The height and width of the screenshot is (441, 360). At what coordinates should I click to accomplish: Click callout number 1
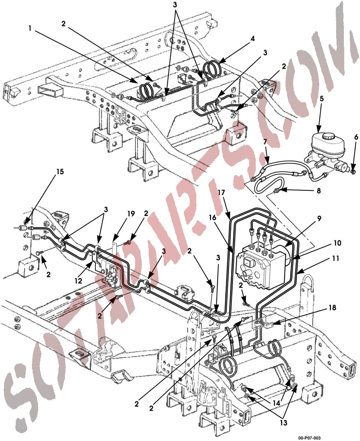(x=30, y=28)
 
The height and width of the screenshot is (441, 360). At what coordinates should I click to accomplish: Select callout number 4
(x=253, y=39)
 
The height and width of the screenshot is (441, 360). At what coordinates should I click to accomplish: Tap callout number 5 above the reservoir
(x=321, y=99)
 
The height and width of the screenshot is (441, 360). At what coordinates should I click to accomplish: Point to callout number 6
(x=356, y=137)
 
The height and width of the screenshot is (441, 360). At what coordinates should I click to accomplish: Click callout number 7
(x=265, y=142)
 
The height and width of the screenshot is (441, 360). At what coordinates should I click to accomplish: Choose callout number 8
(x=319, y=190)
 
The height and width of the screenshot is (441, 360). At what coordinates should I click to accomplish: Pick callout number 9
(x=319, y=219)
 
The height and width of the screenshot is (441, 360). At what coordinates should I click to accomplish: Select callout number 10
(x=337, y=243)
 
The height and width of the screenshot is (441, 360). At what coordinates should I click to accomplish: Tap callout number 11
(x=335, y=258)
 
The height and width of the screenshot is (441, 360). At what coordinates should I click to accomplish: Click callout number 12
(x=79, y=281)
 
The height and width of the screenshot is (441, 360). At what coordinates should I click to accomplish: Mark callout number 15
(x=60, y=172)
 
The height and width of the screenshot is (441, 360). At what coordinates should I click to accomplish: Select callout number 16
(x=212, y=218)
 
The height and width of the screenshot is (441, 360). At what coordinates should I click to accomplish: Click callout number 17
(x=221, y=192)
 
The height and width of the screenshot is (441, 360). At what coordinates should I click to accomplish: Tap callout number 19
(x=131, y=214)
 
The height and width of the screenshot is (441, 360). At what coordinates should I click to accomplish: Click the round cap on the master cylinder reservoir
(x=326, y=137)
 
